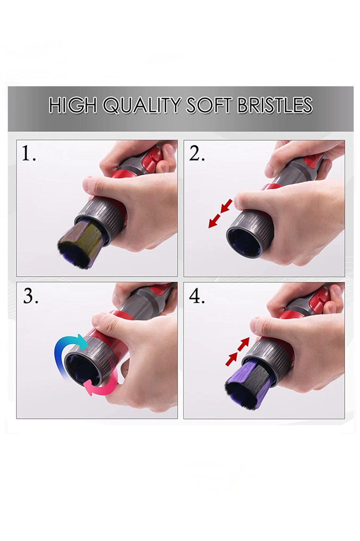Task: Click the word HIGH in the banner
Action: (x=73, y=105)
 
